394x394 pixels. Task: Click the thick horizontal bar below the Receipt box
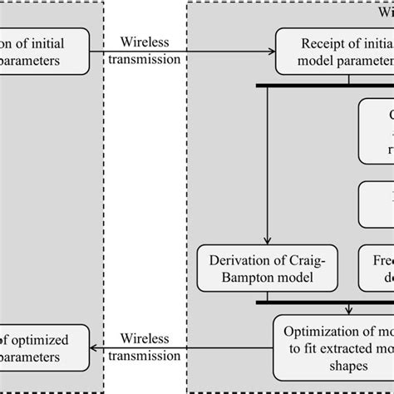[324, 85]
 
